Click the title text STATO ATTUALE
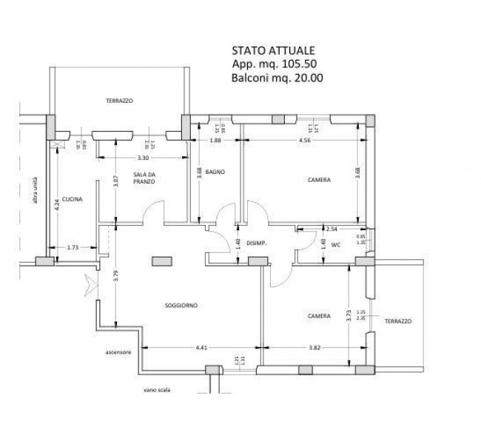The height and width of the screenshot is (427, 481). pyautogui.click(x=274, y=51)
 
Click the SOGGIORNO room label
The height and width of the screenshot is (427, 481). pyautogui.click(x=181, y=305)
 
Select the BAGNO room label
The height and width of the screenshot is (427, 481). pyautogui.click(x=215, y=172)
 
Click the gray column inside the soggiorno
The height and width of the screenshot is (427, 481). pyautogui.click(x=161, y=260)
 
